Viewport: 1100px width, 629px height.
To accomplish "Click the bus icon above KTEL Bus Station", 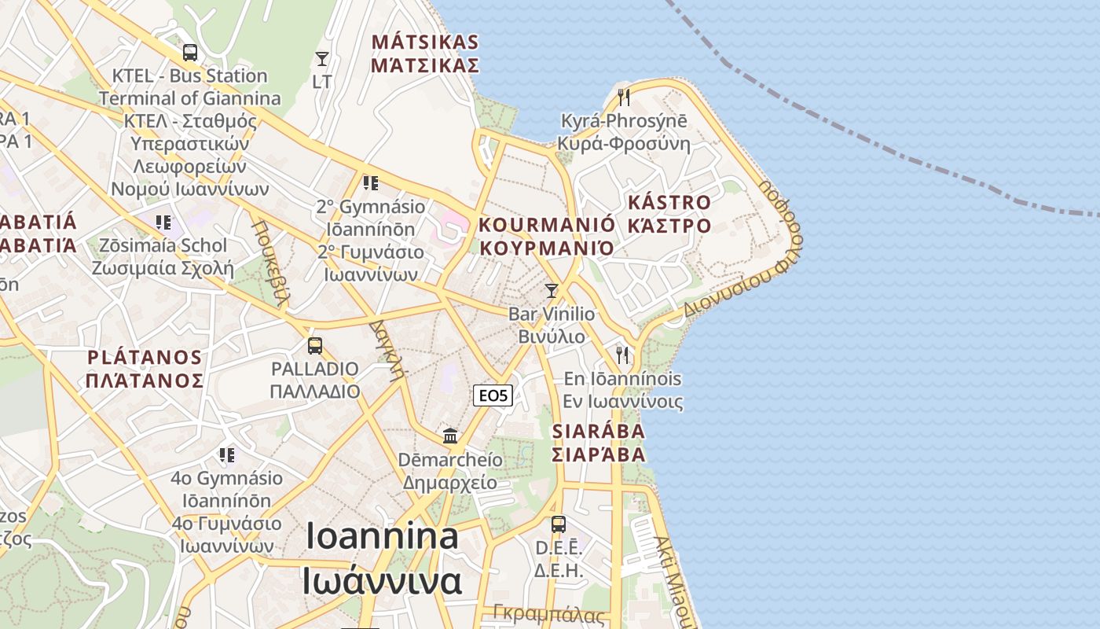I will (x=189, y=53).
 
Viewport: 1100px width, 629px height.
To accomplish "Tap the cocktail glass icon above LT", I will (x=322, y=59).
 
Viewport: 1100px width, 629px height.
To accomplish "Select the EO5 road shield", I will (x=493, y=395).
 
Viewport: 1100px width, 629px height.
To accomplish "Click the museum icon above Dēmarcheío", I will (x=450, y=436).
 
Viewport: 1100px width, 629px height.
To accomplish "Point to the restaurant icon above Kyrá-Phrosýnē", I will (x=624, y=97).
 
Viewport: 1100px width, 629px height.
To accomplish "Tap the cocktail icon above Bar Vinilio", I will (x=552, y=291).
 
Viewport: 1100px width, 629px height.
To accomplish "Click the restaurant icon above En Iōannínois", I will (x=623, y=355).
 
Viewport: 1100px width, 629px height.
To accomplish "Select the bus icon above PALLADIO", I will (x=315, y=346).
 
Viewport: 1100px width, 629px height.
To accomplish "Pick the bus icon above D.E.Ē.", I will (x=558, y=524).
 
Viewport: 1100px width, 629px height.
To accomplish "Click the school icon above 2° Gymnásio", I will (x=371, y=184).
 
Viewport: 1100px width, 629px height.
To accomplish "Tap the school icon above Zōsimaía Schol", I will (x=163, y=223).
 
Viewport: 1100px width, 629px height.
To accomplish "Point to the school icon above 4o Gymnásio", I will (x=227, y=455).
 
